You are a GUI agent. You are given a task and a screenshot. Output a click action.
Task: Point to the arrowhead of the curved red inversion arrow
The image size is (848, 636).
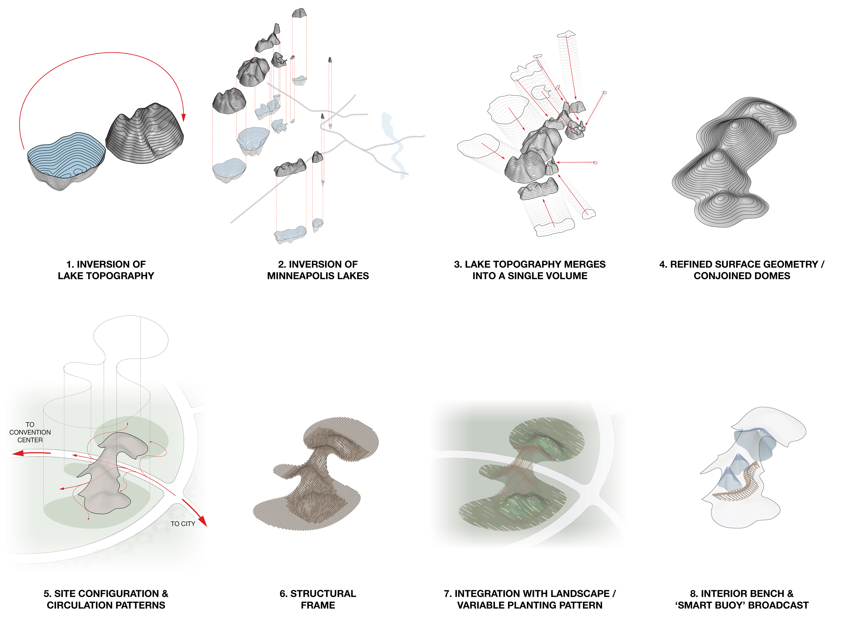[184, 117]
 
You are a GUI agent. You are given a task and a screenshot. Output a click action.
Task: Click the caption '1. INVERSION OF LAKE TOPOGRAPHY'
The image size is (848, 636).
[106, 270]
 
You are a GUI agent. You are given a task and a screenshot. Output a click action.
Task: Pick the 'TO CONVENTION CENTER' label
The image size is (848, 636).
[30, 432]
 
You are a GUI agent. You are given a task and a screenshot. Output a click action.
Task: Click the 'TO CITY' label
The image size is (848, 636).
[183, 524]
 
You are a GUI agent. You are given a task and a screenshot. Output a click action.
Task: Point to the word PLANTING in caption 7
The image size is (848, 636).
[532, 605]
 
